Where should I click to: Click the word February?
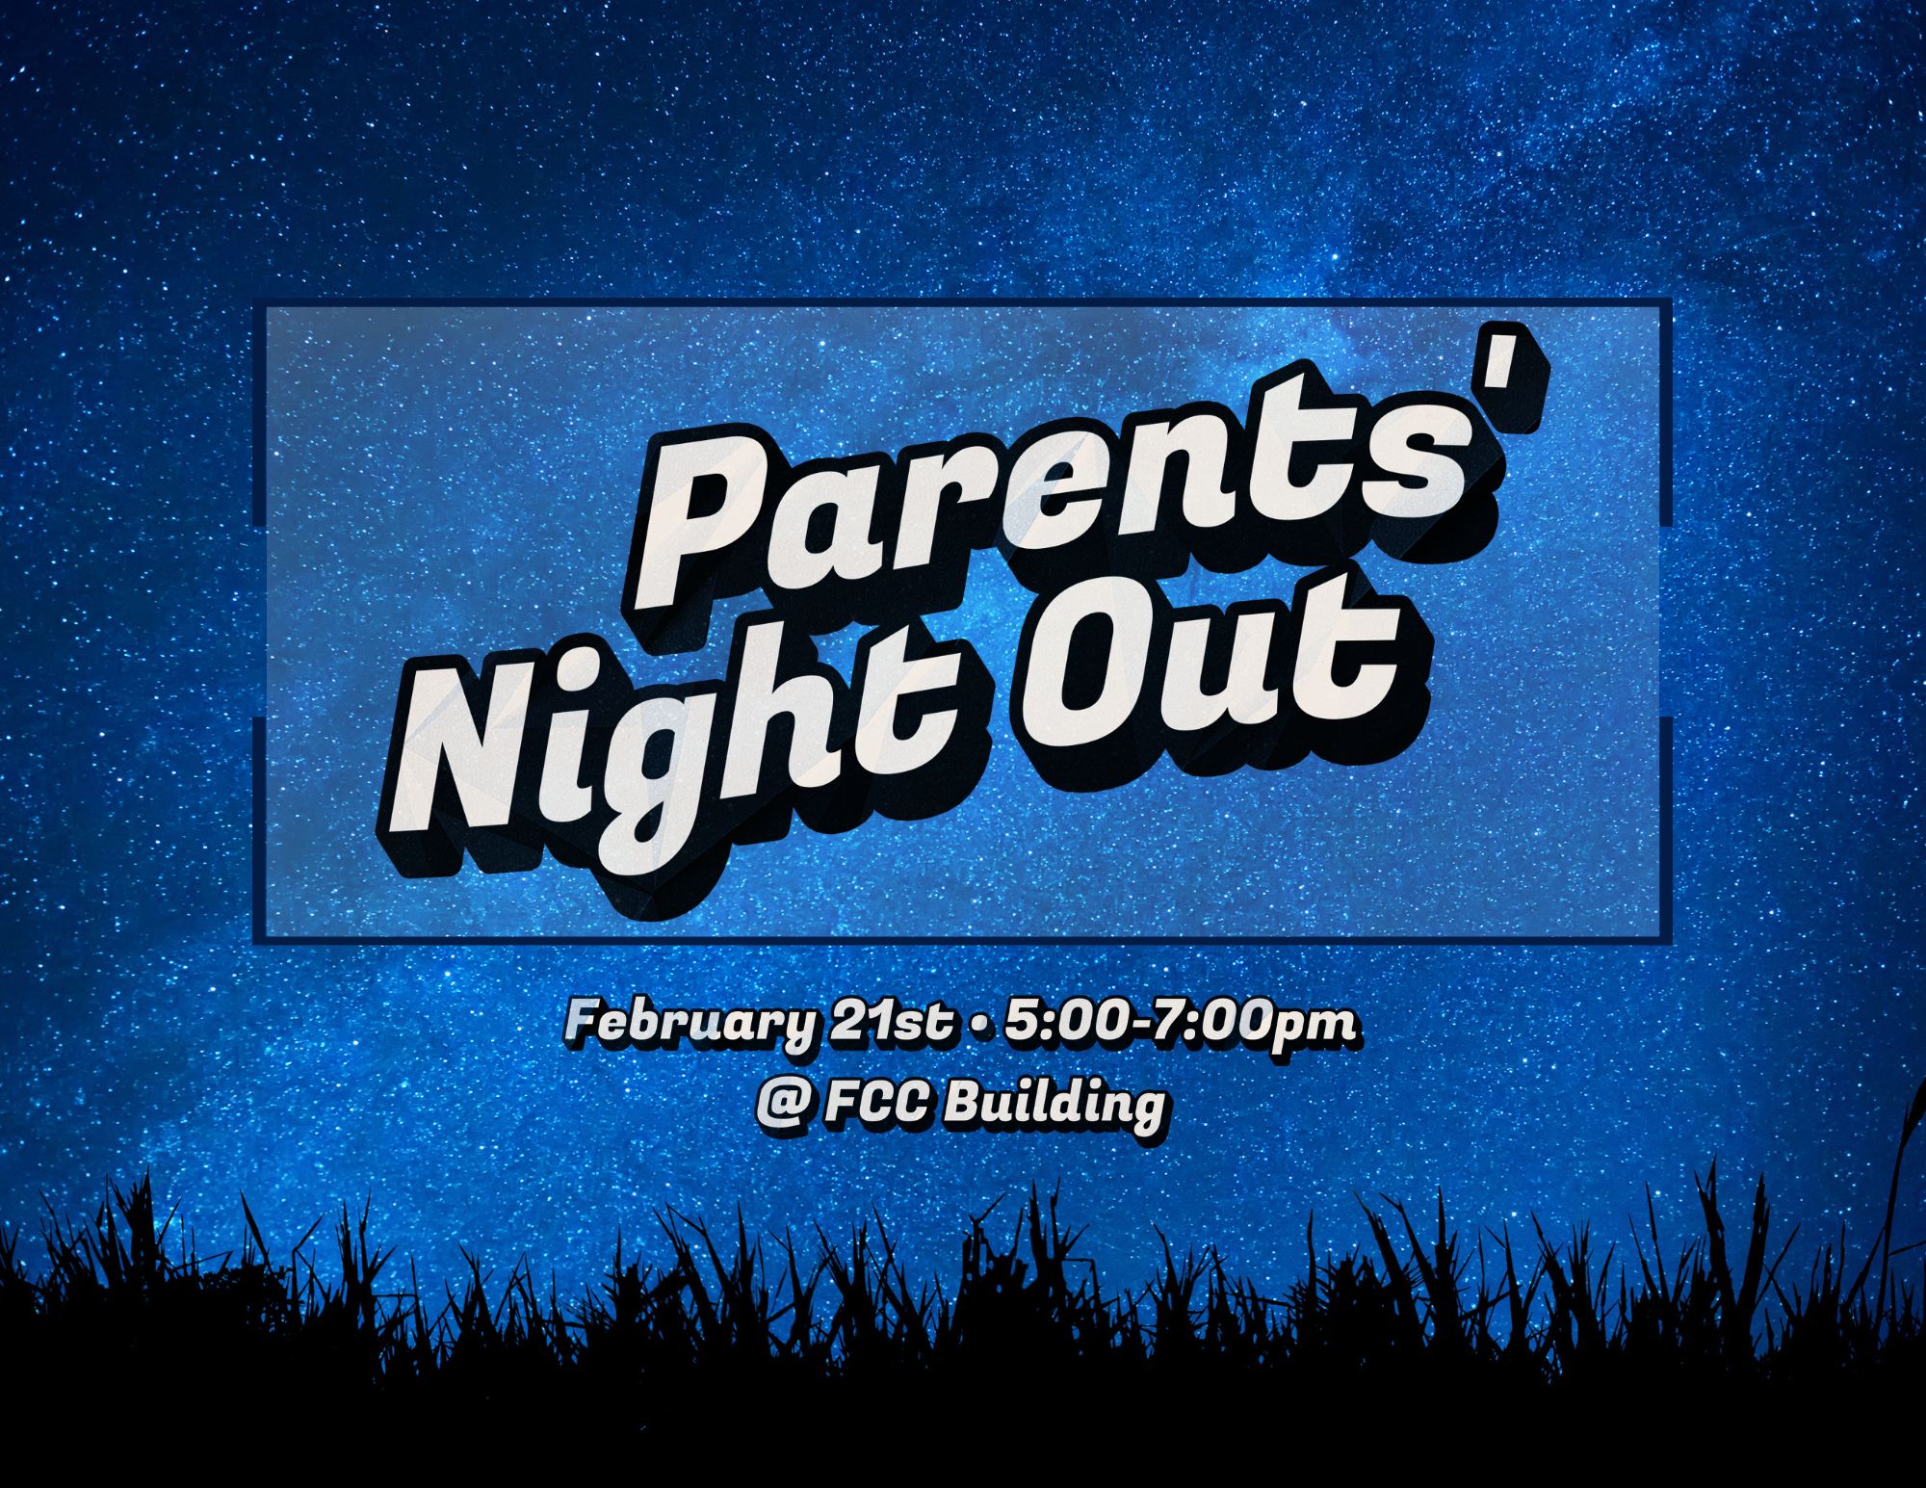[690, 1023]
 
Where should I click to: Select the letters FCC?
[876, 1104]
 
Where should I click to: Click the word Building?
[1054, 1106]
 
